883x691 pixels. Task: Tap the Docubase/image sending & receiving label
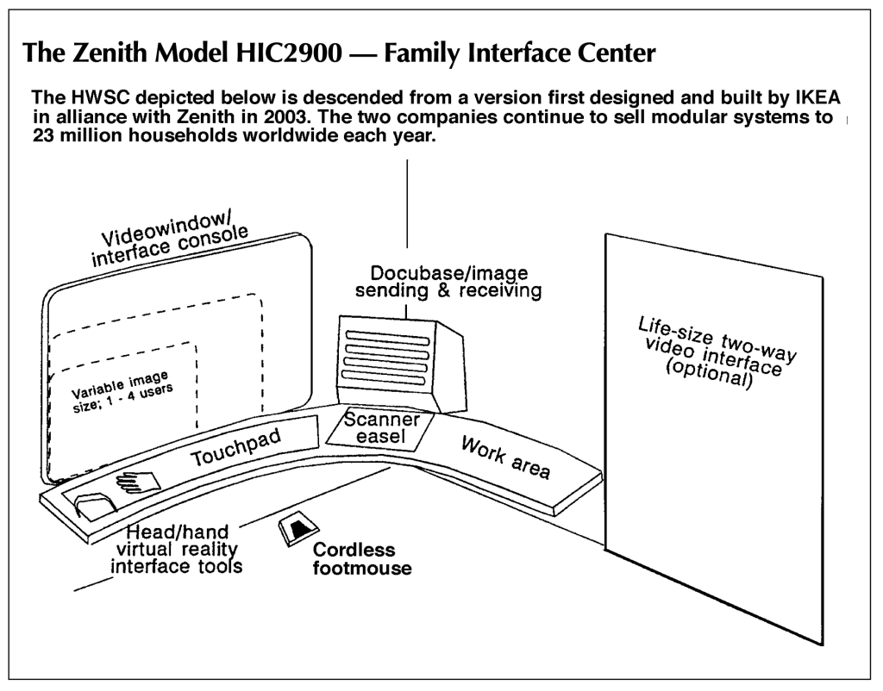click(x=448, y=282)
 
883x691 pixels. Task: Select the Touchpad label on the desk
click(x=236, y=447)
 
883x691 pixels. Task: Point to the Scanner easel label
click(x=382, y=427)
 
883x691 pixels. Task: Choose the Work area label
click(x=505, y=458)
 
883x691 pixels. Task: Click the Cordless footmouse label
click(x=362, y=558)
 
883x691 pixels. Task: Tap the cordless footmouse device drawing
click(x=298, y=529)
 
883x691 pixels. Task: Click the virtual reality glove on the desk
click(x=137, y=482)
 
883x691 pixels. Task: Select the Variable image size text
click(x=121, y=392)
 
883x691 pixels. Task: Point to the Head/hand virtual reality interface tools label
click(x=176, y=549)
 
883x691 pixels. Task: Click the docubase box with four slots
click(x=401, y=363)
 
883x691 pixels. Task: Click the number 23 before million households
click(x=44, y=135)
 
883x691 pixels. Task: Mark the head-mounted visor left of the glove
click(x=95, y=504)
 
